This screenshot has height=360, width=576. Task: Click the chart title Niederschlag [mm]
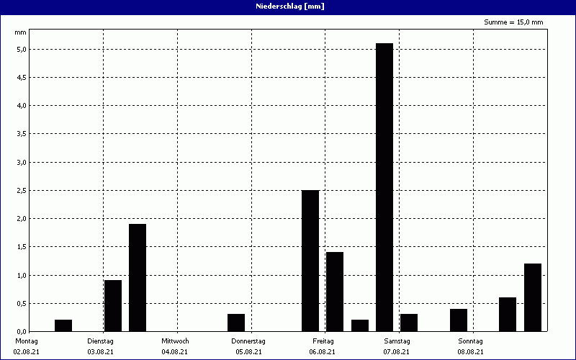287,6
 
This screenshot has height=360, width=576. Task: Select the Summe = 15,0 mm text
513,22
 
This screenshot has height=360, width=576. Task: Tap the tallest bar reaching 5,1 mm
384,187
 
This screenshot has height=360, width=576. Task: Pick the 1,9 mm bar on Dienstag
138,277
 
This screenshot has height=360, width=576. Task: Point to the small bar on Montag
63,325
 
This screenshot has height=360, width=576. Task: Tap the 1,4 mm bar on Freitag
335,292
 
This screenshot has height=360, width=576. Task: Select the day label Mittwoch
175,341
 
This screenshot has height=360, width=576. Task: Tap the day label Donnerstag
248,341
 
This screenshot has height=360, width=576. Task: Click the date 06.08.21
323,351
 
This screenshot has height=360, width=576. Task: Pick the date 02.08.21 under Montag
27,351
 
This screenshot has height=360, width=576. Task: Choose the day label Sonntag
470,341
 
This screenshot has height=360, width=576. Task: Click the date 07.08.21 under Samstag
397,351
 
